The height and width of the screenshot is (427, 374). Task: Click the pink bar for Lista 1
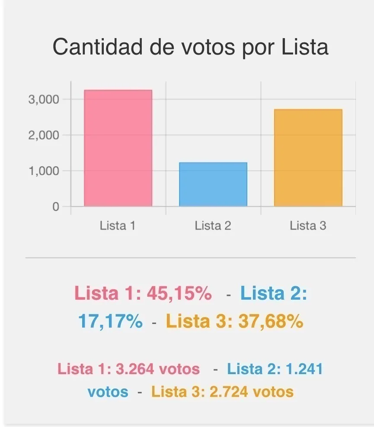click(118, 148)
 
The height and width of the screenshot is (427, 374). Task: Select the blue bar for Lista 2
click(213, 184)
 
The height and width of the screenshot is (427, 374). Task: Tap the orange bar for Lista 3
click(308, 158)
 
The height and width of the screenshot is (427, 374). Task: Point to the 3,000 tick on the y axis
click(43, 100)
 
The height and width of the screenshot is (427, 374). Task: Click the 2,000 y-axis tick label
click(43, 135)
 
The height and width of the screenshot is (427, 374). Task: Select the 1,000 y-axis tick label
click(43, 171)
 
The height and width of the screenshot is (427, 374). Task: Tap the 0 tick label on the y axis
click(55, 207)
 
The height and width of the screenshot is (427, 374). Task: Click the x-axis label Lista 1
click(118, 226)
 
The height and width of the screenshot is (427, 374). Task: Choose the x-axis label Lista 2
click(213, 226)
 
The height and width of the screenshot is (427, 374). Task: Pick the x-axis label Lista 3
click(308, 226)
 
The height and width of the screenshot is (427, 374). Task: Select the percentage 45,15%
click(179, 294)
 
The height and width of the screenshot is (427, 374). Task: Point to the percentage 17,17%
click(110, 321)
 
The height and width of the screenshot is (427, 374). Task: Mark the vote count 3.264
click(136, 369)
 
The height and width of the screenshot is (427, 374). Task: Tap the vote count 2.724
click(229, 392)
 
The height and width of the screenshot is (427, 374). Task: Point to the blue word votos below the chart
click(108, 392)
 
